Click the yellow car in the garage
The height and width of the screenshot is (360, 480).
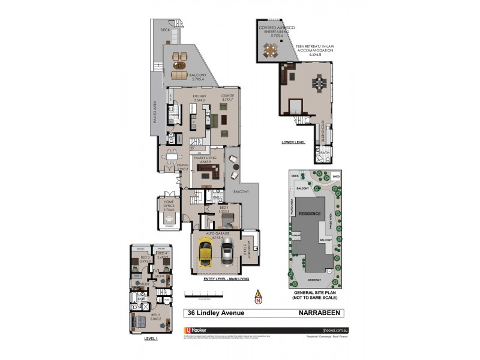click(205, 251)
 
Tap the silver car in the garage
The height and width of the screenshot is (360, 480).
click(227, 253)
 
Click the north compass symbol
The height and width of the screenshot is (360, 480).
click(258, 298)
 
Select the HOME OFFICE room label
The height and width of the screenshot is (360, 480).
click(165, 205)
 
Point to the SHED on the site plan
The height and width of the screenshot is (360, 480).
click(335, 177)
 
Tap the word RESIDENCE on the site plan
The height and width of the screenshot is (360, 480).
click(311, 214)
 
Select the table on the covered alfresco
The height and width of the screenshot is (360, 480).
click(271, 52)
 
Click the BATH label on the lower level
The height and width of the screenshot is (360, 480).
click(325, 153)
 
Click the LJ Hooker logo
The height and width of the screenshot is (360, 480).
click(199, 329)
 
